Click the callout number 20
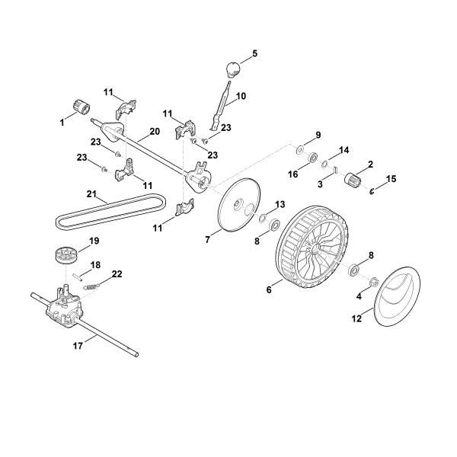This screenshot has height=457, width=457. (x=154, y=131)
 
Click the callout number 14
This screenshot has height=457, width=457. (x=344, y=150)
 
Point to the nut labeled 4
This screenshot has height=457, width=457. (x=374, y=283)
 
